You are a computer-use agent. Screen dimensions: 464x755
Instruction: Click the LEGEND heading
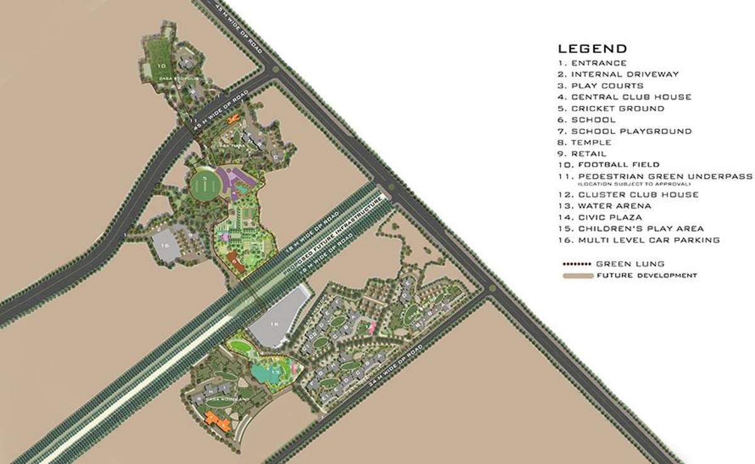(x=591, y=48)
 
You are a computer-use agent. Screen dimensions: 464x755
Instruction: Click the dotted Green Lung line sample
(x=576, y=264)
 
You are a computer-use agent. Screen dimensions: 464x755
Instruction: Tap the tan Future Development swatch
(x=576, y=275)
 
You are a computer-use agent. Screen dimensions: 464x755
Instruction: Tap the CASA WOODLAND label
(x=232, y=400)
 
